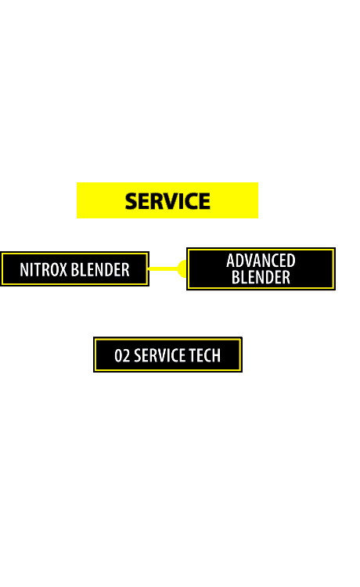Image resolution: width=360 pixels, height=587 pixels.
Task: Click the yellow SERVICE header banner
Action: coord(167,200)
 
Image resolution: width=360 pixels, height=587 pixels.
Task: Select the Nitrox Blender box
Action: coord(75,269)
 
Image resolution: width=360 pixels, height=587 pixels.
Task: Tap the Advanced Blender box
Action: coord(261,268)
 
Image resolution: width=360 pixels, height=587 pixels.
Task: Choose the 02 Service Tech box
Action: coord(167,355)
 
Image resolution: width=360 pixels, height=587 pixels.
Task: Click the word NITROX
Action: coord(43,269)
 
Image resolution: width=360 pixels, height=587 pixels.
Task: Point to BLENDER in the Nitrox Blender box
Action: coord(100,269)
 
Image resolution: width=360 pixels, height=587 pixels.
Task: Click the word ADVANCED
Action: coord(261,261)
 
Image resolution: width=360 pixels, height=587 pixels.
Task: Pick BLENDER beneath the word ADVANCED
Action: coord(261,277)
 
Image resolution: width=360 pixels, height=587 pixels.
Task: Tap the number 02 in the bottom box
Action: coord(122,355)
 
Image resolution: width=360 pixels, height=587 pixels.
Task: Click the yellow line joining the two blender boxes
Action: coord(163,268)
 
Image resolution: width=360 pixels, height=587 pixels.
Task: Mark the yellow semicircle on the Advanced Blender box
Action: coord(182,268)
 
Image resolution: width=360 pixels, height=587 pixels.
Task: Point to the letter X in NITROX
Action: coord(63,269)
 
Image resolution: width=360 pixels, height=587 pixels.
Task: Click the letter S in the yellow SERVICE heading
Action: coord(131,201)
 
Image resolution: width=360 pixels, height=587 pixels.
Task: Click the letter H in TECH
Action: coord(216,355)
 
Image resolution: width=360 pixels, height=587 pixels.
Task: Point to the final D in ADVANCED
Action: coord(291,261)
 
